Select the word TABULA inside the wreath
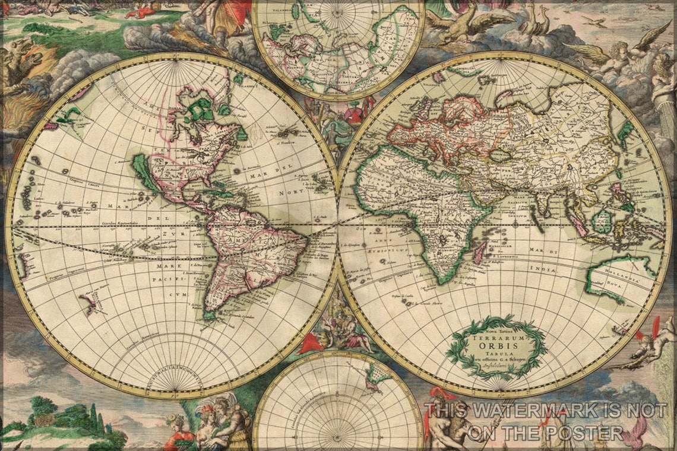495,355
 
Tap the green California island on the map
146,172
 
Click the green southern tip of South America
209,313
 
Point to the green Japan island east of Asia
624,134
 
